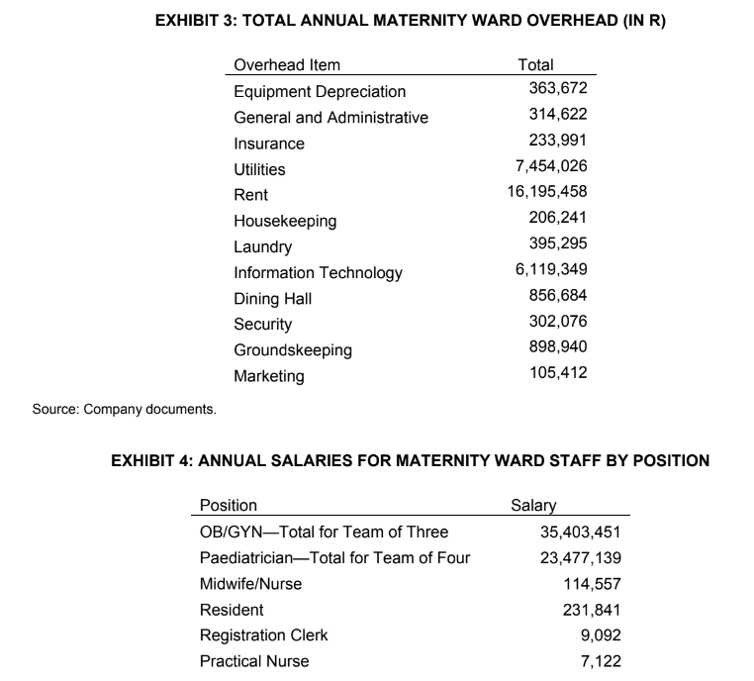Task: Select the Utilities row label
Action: tap(259, 169)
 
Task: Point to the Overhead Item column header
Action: tap(286, 65)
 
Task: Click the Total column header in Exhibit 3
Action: tap(535, 65)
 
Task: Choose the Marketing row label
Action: tap(268, 376)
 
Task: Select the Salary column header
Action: tap(533, 505)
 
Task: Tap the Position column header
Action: tap(228, 505)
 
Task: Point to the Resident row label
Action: tap(232, 610)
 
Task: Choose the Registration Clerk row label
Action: tap(263, 635)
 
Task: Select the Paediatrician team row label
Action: tap(334, 558)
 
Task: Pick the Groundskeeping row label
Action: tap(292, 349)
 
